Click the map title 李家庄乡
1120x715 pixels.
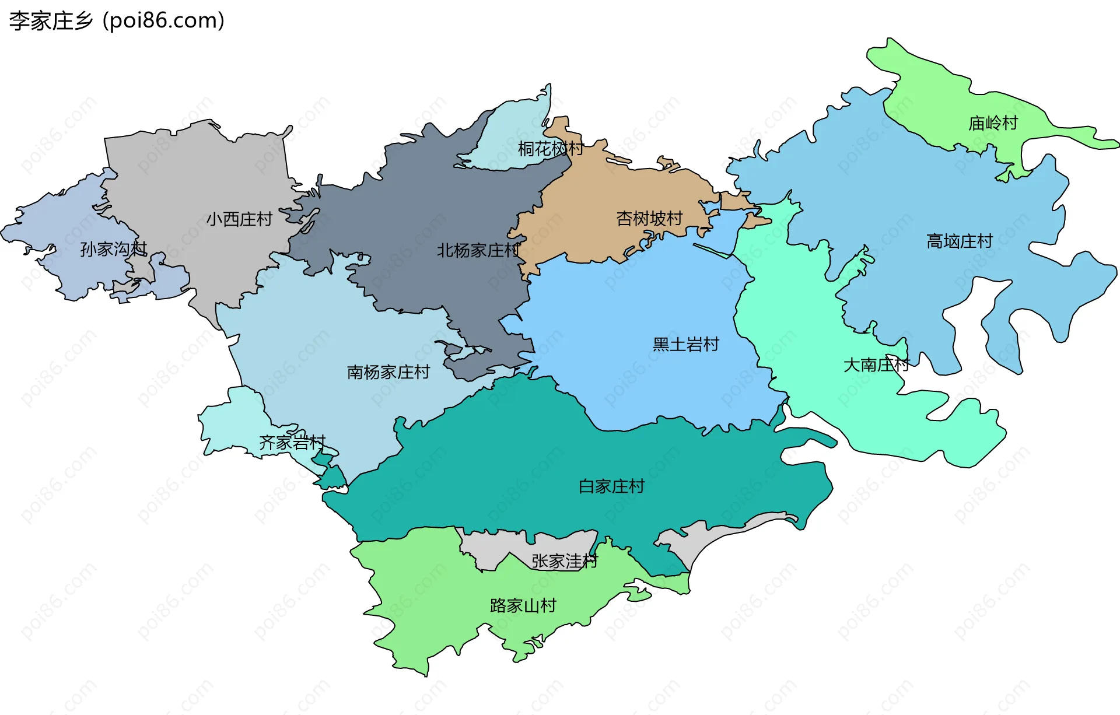click(x=51, y=21)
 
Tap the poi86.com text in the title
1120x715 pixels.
click(x=163, y=21)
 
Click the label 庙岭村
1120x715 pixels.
click(x=993, y=123)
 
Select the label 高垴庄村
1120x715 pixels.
click(x=960, y=241)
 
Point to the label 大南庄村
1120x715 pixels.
click(x=876, y=365)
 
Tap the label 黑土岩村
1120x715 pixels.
click(x=685, y=345)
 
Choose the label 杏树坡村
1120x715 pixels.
click(x=649, y=219)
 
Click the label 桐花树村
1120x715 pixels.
click(x=550, y=149)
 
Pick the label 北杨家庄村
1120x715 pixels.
click(x=478, y=251)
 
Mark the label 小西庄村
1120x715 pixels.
click(x=239, y=219)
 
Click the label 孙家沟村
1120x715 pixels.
click(x=113, y=249)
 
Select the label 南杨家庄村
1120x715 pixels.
click(x=388, y=372)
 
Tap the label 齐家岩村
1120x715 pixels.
click(x=292, y=443)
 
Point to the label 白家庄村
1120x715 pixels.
click(x=611, y=486)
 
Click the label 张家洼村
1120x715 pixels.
click(x=564, y=561)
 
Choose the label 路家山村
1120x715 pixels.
click(x=523, y=605)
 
